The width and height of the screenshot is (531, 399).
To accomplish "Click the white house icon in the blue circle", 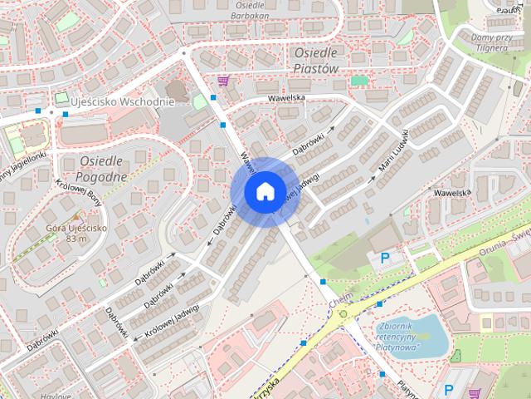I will (265, 191).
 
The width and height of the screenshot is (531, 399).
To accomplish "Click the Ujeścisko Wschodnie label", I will (122, 101).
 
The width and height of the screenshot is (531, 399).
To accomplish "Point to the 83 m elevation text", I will (76, 239).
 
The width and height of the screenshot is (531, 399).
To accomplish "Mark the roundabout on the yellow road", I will (343, 314).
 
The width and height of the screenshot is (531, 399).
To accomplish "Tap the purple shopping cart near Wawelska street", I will (223, 81).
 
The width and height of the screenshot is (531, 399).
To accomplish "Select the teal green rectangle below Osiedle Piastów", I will (358, 81).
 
